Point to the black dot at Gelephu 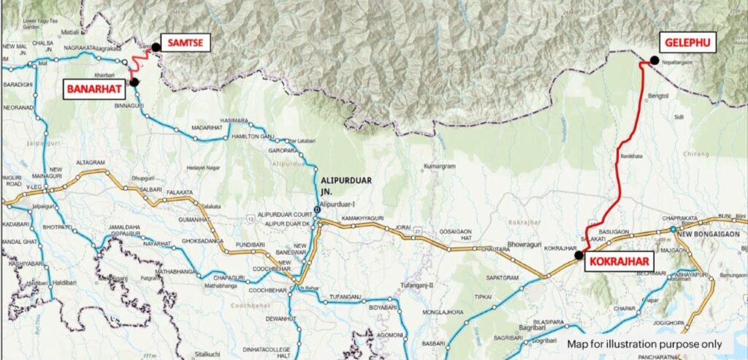coord(654,61)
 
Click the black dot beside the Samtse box coord(156,47)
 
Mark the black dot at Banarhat coord(134,83)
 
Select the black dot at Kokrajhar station coord(579,255)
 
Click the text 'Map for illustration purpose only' coord(644,343)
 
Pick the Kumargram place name coord(439,166)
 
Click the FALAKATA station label coord(180,192)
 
